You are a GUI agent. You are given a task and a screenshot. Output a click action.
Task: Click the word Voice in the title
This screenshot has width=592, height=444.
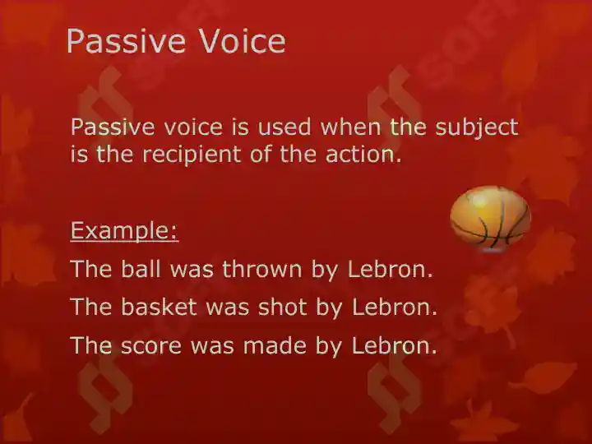click(x=243, y=41)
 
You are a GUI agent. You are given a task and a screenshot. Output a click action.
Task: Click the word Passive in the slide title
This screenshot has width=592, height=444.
click(x=126, y=41)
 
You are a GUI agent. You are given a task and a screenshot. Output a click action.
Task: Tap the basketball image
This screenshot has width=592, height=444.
click(x=490, y=218)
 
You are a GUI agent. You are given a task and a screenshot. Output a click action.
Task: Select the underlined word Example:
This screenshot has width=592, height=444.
click(x=124, y=231)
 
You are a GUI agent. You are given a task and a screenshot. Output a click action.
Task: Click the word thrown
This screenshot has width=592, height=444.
click(x=262, y=269)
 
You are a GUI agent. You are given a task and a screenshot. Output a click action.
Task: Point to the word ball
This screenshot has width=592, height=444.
click(x=141, y=269)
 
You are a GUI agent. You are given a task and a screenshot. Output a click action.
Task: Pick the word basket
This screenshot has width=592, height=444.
click(x=159, y=307)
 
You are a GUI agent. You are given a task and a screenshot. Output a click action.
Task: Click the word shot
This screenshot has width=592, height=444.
click(x=282, y=307)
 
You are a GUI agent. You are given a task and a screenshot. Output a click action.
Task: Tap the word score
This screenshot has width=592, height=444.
click(x=151, y=345)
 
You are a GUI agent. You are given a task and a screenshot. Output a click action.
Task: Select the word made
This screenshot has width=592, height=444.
click(x=275, y=345)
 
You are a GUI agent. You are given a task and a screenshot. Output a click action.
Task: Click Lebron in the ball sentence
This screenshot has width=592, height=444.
click(x=390, y=269)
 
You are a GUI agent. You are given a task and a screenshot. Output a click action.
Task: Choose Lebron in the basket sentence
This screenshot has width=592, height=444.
click(x=395, y=307)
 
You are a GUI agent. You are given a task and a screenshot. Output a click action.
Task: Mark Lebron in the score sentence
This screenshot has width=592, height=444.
click(x=394, y=345)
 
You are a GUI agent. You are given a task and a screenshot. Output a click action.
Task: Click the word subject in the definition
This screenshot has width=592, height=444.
click(x=476, y=127)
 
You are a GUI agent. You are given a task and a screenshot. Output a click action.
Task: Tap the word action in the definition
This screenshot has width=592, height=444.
click(x=363, y=155)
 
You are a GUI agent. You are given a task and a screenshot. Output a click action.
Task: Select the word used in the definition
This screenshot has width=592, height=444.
click(x=284, y=127)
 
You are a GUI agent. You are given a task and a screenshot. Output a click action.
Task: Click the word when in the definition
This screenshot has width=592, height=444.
click(x=351, y=127)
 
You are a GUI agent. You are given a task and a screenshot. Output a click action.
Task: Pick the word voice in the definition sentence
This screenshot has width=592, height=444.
click(x=193, y=127)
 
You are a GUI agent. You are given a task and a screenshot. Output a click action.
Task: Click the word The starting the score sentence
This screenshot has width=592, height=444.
click(x=91, y=345)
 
